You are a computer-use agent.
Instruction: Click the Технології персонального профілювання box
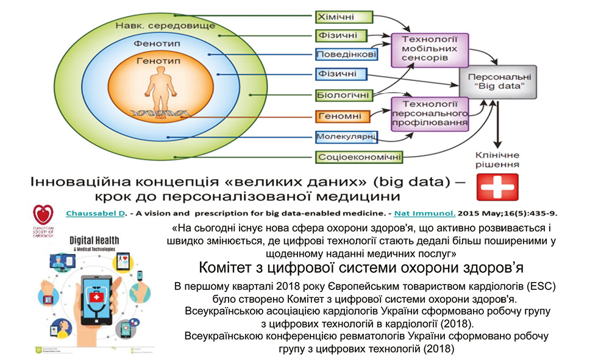(x=429, y=113)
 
